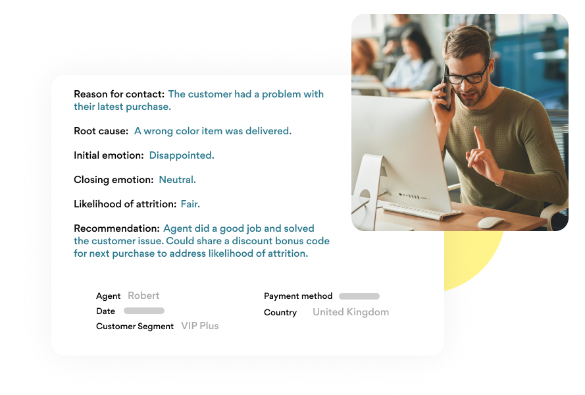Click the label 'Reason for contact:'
coord(119,94)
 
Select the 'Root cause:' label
coord(101,131)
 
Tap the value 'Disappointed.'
coord(182,155)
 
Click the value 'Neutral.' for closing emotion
coord(177,180)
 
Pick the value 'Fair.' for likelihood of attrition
coord(190,204)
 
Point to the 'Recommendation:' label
coord(116,228)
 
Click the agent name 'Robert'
coord(143,296)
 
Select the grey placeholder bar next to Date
coord(144,311)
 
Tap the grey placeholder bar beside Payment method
coord(359,296)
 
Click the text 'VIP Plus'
coord(200,326)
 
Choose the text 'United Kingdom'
coord(351,312)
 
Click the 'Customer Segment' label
coord(135,327)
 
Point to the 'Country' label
coord(280,313)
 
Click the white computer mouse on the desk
coord(491,223)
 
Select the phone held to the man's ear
coord(445,89)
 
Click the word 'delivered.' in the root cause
coord(268,131)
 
